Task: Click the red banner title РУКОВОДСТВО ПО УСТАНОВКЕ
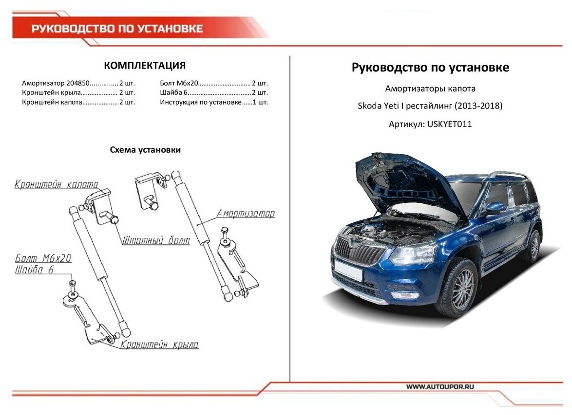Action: point(117,29)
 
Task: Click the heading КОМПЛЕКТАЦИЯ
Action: point(145,66)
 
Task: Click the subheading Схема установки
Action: point(145,150)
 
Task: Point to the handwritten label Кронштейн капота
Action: point(56,185)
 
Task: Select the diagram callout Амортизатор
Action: point(246,213)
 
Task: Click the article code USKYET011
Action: point(449,124)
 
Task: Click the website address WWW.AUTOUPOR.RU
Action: point(440,387)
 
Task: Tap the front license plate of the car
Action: point(348,271)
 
